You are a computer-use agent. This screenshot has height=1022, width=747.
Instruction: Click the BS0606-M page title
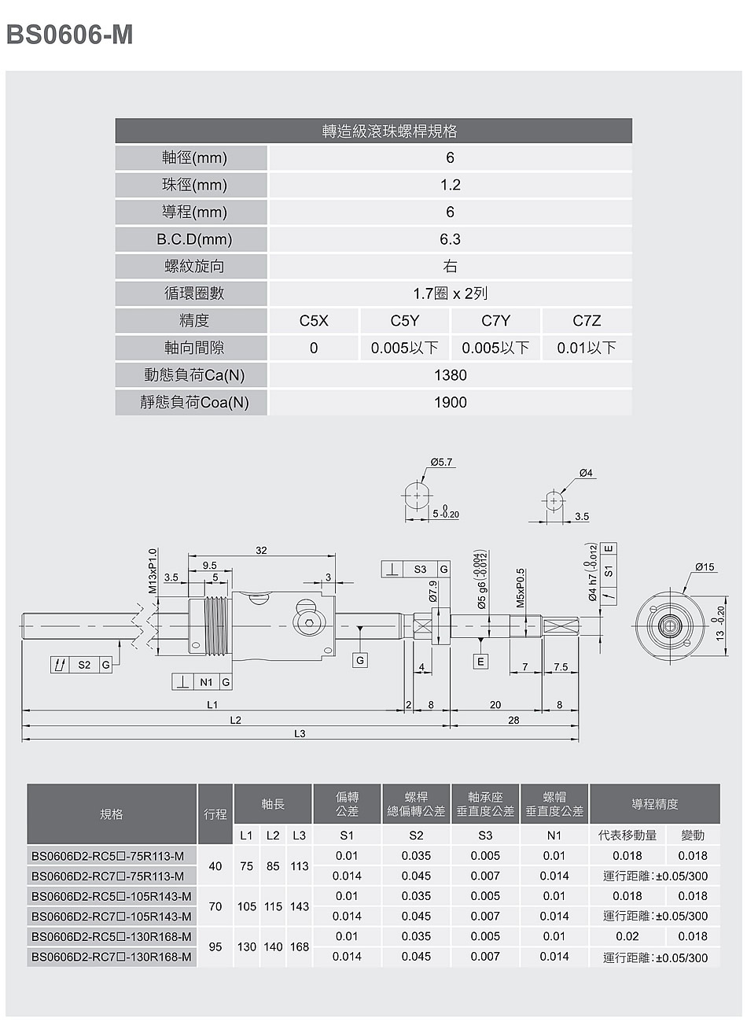69,35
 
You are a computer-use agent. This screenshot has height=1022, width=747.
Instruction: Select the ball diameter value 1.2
450,185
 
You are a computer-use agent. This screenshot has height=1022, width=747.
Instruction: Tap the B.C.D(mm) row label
194,239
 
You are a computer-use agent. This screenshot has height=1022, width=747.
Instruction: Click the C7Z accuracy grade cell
587,321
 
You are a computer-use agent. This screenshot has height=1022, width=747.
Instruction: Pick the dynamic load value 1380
450,375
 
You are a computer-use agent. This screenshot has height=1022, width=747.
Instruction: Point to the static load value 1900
450,402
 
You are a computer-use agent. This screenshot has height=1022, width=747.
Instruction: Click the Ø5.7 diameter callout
441,462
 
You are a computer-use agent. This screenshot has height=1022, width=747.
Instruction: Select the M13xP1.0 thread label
153,570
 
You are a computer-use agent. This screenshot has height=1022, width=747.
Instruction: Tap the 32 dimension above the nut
261,550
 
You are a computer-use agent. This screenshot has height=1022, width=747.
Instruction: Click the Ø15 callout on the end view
705,566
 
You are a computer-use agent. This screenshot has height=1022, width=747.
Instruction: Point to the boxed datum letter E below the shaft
480,661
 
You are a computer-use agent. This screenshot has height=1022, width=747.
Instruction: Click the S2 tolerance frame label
84,665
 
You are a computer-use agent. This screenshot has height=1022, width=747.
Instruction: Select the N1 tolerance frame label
206,682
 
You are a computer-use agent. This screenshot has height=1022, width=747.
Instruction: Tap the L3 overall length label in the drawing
300,733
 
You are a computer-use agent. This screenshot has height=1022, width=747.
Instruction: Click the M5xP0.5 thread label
521,588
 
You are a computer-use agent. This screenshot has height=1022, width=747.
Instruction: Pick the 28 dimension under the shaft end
513,720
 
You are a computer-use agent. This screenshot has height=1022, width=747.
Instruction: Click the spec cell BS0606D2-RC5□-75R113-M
108,856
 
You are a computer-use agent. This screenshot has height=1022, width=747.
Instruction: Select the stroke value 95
215,946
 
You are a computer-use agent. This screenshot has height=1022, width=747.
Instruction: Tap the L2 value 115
273,906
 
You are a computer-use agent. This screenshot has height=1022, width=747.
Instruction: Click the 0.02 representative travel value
627,936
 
